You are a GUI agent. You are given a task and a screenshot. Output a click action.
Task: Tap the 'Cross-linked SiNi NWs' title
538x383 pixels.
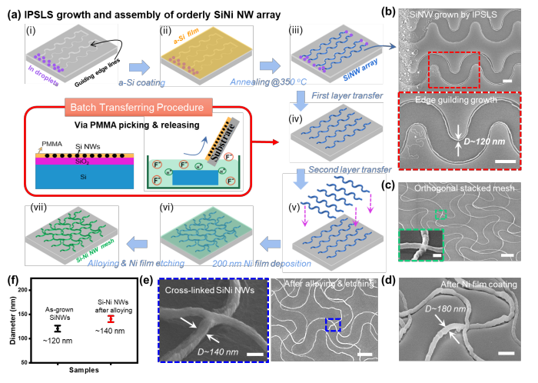tap(208, 290)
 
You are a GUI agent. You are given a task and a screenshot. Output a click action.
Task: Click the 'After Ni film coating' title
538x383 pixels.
tap(460, 286)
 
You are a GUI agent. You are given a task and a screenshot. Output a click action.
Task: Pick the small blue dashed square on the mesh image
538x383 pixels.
tap(332, 325)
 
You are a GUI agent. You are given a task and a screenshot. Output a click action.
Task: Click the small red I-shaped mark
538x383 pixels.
tap(111, 318)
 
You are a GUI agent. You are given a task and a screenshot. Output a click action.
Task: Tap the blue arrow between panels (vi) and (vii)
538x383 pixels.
tap(138, 244)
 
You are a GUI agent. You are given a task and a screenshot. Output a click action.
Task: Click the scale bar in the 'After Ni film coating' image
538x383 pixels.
tap(505, 352)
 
